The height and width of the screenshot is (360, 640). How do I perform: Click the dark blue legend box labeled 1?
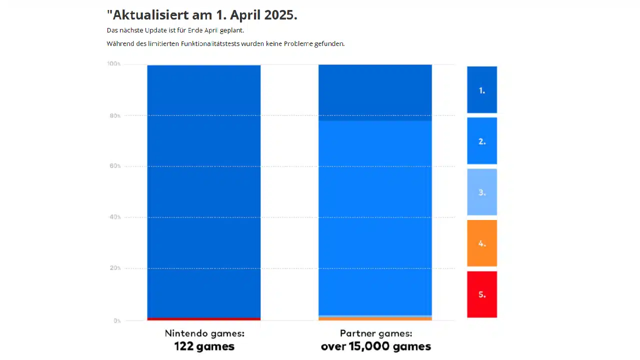point(482,90)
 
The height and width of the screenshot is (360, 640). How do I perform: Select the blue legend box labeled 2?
point(482,141)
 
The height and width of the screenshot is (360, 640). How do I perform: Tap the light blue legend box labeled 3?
point(482,192)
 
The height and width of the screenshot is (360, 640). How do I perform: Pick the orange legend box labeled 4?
point(482,243)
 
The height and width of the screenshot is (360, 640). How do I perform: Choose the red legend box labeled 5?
point(482,294)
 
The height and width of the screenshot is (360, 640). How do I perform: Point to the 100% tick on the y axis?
point(114,64)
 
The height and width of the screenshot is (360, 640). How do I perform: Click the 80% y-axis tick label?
point(115,116)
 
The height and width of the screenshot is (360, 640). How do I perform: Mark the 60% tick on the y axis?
point(115,166)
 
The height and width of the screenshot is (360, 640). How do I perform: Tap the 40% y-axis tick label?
point(115,217)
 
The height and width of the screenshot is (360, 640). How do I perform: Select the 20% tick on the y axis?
point(115,268)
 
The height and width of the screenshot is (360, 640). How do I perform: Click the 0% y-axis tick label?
point(117,320)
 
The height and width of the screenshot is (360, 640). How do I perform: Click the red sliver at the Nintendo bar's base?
point(204,319)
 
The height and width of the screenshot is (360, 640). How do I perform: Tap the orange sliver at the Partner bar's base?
point(375,318)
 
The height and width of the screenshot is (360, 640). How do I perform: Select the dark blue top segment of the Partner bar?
point(375,92)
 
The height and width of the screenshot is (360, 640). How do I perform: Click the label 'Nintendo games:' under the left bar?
point(204,333)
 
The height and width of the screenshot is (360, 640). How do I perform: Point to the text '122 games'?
point(204,346)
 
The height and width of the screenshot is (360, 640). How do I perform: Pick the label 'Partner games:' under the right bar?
point(376,333)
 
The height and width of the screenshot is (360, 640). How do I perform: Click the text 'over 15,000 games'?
point(376,346)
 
